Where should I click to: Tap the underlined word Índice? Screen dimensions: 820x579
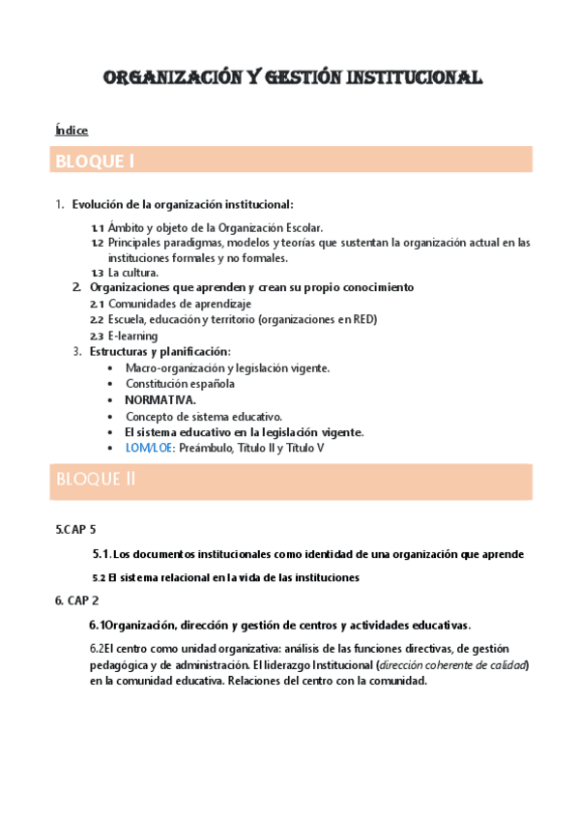72,131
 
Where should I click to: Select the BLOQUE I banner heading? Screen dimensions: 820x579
95,160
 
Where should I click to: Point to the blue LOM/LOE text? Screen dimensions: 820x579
149,449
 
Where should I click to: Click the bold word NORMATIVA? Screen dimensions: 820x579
160,399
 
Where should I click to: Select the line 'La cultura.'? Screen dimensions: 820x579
133,274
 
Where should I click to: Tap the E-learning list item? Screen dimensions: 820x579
133,336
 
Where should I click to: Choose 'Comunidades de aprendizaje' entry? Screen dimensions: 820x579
177,304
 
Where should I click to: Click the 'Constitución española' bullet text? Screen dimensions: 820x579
181,384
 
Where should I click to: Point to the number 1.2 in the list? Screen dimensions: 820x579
97,243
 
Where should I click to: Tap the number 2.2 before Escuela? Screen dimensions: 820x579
97,320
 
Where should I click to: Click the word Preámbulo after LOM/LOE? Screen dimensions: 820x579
220,449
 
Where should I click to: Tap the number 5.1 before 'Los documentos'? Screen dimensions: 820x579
101,554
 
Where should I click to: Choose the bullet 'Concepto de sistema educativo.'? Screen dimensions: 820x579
204,416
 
